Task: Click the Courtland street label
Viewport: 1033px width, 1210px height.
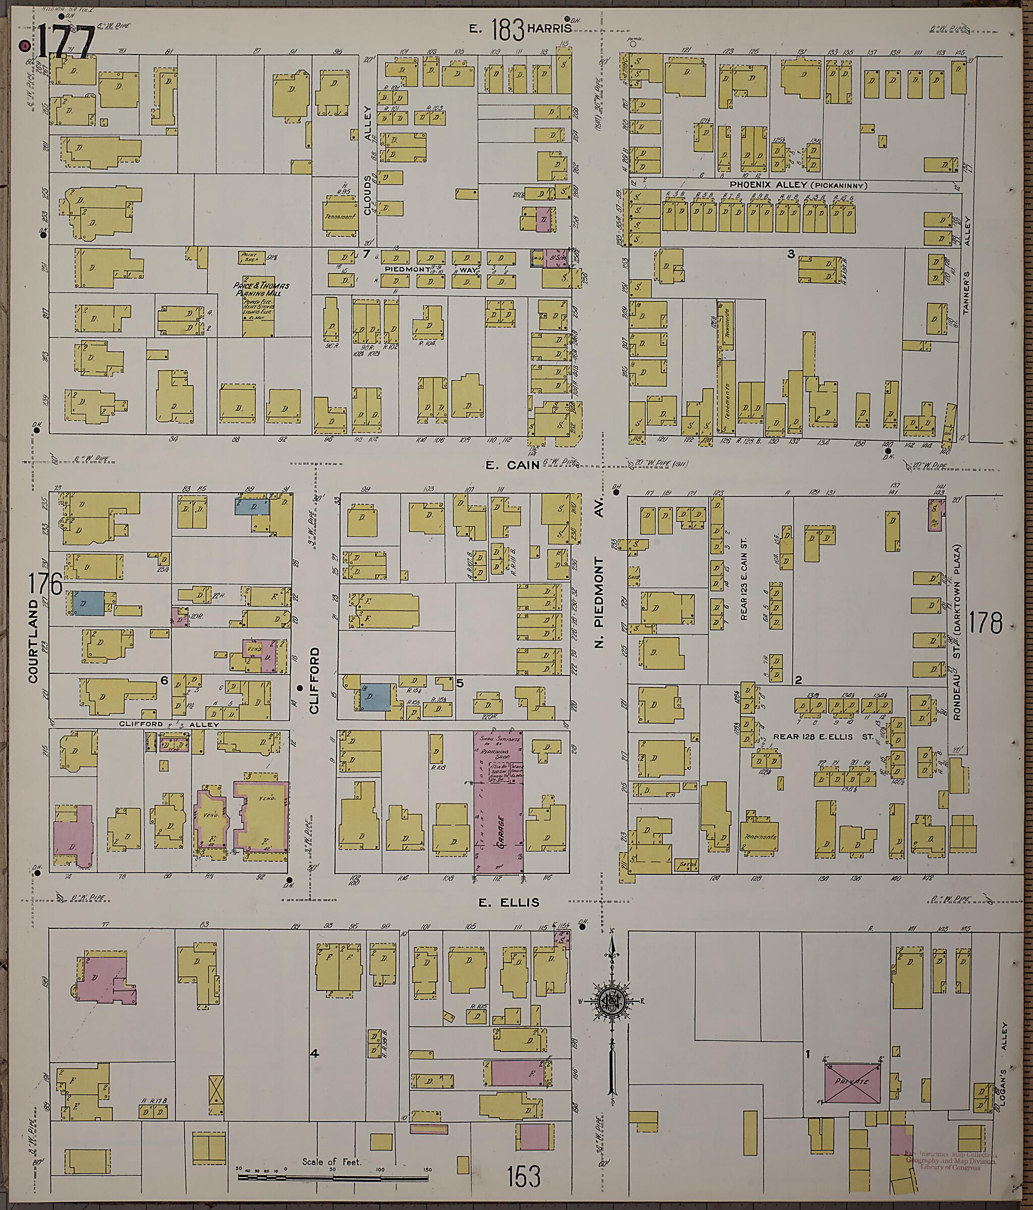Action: [x=33, y=640]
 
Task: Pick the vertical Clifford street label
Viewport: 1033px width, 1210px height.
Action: [x=315, y=680]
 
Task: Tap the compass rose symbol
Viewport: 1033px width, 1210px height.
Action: [x=612, y=1001]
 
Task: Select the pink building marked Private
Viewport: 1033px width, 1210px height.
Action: [x=854, y=1081]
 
